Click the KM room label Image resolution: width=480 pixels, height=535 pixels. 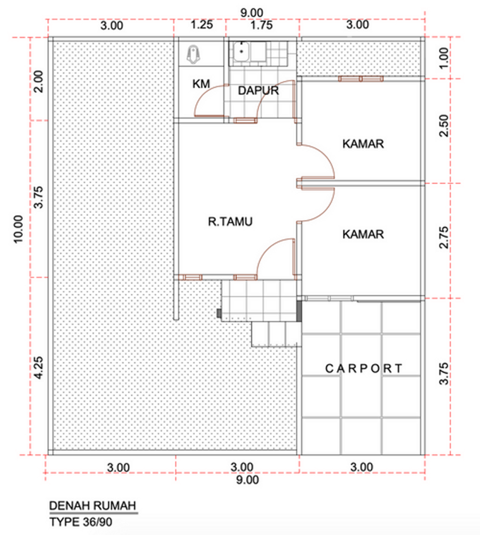[x=201, y=84]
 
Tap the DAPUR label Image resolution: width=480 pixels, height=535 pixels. [x=258, y=90]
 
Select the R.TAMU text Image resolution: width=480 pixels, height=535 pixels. [x=230, y=222]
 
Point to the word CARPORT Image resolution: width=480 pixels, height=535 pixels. [x=364, y=369]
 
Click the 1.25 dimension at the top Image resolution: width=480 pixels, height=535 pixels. [x=202, y=25]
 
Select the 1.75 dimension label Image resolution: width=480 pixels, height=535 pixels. [x=261, y=25]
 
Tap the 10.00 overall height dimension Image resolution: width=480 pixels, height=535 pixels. [x=18, y=230]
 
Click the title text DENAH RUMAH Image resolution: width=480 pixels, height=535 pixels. [x=93, y=506]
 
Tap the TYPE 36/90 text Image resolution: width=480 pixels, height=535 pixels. [x=81, y=521]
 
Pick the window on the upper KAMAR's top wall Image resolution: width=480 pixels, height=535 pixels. [x=361, y=79]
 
